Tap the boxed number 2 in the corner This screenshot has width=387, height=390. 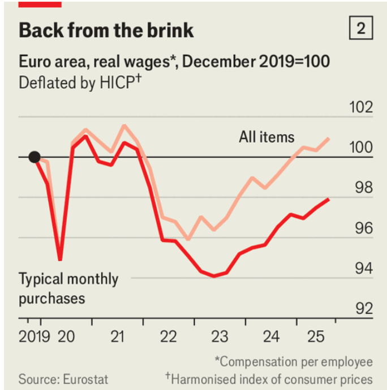(x=360, y=28)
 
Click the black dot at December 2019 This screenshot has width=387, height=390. (x=35, y=157)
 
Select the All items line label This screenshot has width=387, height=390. (x=266, y=137)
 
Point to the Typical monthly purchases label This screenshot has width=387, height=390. (x=68, y=288)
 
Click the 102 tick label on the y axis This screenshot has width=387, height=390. (x=360, y=108)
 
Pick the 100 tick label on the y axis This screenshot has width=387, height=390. (x=360, y=148)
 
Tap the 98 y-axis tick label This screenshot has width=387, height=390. (x=363, y=189)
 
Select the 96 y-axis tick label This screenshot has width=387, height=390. (x=363, y=229)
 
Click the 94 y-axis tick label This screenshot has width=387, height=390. (x=363, y=269)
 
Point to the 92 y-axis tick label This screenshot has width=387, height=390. (x=363, y=309)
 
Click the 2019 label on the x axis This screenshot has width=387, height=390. (x=34, y=337)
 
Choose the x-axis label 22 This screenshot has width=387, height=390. (x=168, y=337)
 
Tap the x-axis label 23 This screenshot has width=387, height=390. (x=220, y=337)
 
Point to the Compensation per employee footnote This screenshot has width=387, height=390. (x=294, y=361)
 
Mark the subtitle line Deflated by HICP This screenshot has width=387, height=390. (x=80, y=82)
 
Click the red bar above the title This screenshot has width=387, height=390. (x=40, y=3)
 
